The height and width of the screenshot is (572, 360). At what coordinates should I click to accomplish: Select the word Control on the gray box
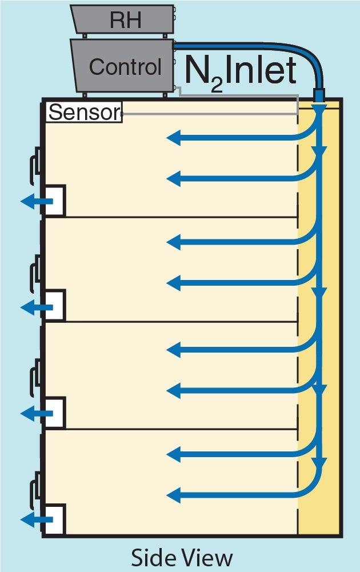click(125, 67)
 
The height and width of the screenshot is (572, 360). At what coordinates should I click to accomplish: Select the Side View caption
click(182, 557)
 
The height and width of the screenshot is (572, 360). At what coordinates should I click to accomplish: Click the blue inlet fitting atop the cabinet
click(319, 95)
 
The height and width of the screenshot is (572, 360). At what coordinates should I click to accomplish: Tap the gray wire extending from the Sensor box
click(211, 114)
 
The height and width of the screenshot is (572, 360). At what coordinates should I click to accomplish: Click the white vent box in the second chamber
click(56, 306)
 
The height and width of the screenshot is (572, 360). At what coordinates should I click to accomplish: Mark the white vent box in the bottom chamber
click(56, 519)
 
